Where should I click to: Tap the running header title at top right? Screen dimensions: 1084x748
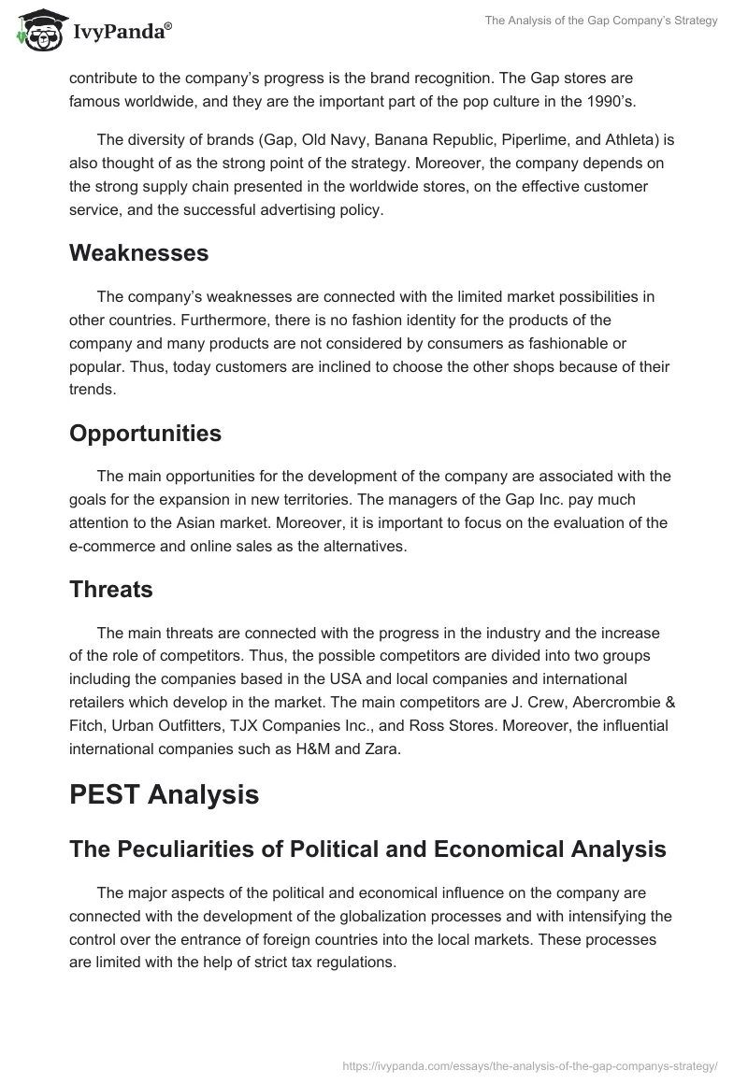coord(601,21)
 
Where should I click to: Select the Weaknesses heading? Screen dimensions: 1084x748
coord(138,252)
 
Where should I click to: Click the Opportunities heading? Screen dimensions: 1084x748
coord(145,433)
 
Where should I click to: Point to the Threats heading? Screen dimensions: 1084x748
coord(111,589)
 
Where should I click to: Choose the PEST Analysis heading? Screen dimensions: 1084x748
coord(164,794)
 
